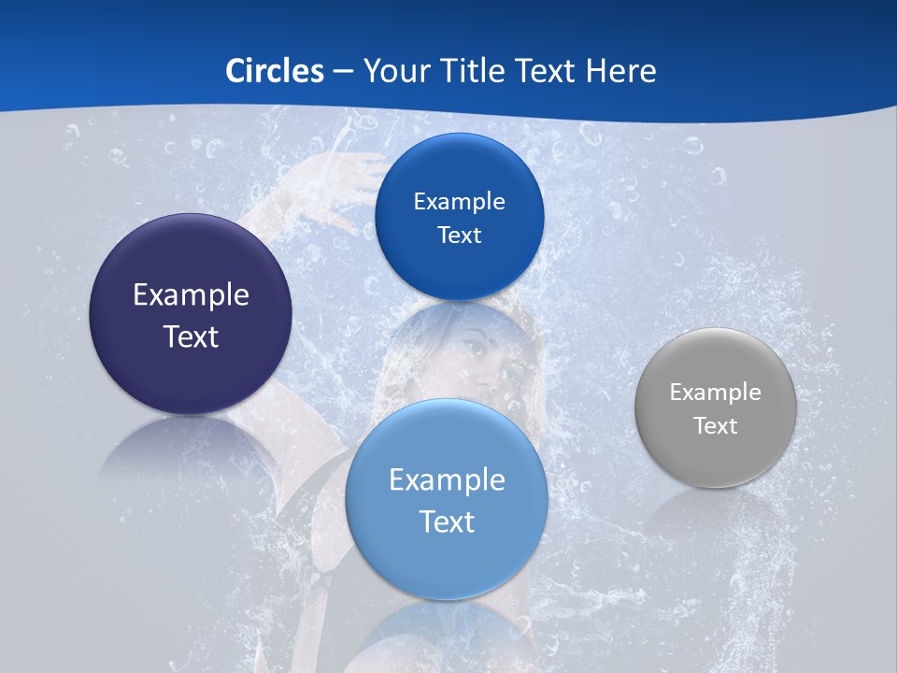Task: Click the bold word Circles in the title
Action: (x=275, y=71)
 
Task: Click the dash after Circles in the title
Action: (x=343, y=72)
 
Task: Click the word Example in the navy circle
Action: (x=191, y=295)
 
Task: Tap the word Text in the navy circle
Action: (x=191, y=336)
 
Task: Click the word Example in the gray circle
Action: (x=716, y=393)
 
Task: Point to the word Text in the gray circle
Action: (x=716, y=426)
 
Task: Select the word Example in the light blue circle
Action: (x=447, y=480)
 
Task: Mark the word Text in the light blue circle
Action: (x=447, y=522)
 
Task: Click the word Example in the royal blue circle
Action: (x=460, y=202)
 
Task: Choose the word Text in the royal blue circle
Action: (x=460, y=236)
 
